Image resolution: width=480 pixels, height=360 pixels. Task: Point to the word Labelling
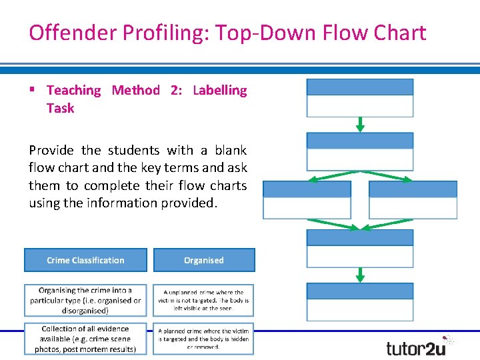point(219,90)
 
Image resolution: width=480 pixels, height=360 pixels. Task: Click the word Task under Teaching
point(60,108)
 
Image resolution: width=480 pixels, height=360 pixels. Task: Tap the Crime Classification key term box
point(85,260)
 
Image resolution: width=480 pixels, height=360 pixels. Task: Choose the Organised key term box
point(204,260)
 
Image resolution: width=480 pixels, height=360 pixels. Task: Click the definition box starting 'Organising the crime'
point(85,301)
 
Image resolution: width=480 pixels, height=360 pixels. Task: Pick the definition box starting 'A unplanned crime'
point(203,301)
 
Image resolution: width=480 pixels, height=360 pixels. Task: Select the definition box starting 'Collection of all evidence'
point(85,339)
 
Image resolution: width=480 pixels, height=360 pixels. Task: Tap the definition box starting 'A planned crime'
point(203,339)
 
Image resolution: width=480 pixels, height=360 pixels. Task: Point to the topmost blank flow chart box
point(360,98)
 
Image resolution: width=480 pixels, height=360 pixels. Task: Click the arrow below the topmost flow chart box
point(360,125)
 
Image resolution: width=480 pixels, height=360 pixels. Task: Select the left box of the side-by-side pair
point(307,200)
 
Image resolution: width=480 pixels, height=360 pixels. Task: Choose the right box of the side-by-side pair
point(413,200)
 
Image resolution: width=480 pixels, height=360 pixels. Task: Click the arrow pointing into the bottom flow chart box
point(360,275)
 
